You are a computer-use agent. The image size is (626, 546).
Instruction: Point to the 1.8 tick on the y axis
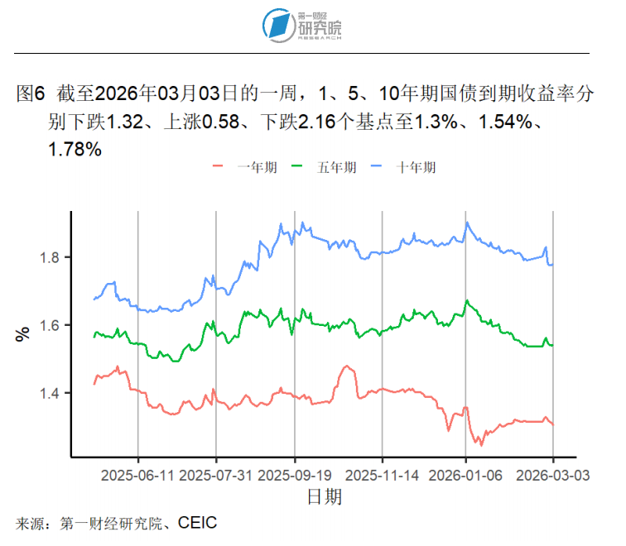[52, 257]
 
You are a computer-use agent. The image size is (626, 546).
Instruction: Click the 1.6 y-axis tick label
[52, 325]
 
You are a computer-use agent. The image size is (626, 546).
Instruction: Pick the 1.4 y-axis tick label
[52, 393]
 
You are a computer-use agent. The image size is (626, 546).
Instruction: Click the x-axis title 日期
[324, 497]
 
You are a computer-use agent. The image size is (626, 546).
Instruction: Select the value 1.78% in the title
[75, 150]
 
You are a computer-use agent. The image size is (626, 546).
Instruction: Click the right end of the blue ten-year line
[552, 265]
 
